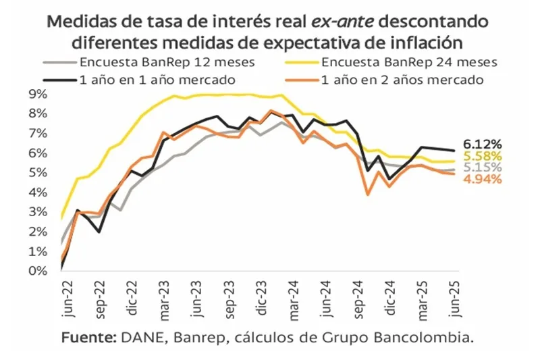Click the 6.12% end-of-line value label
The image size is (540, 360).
pyautogui.click(x=483, y=144)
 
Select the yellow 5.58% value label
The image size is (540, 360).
pyautogui.click(x=483, y=156)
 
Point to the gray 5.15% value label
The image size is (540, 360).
pyautogui.click(x=483, y=168)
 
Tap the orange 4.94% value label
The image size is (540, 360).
pyautogui.click(x=483, y=179)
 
